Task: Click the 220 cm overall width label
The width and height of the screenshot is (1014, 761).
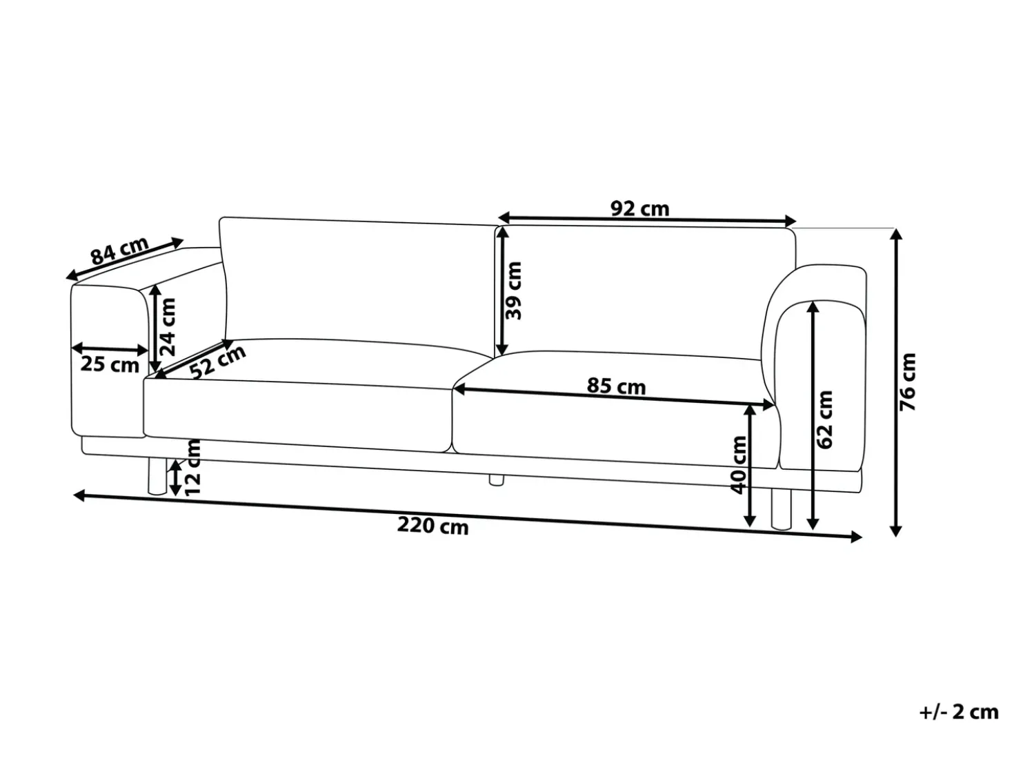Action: point(433,526)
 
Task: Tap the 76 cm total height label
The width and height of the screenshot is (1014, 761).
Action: point(907,382)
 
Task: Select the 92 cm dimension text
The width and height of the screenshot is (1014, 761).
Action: point(640,209)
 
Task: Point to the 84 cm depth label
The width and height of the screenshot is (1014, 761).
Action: point(119,251)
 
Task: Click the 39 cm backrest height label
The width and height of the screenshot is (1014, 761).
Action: point(513,290)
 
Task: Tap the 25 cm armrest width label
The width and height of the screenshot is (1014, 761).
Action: point(110,365)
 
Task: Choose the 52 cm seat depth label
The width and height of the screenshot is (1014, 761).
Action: point(218,362)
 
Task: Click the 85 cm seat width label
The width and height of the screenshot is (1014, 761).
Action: point(616,386)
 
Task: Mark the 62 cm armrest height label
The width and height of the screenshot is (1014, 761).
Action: point(824,419)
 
